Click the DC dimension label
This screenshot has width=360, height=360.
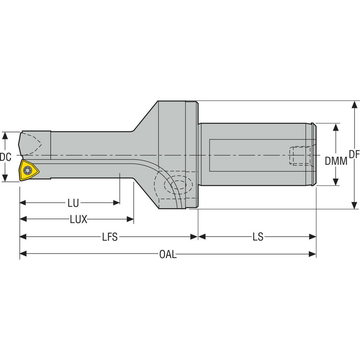[x=6, y=157]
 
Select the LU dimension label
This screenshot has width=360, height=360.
[x=73, y=203]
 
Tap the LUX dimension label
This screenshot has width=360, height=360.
[x=78, y=219]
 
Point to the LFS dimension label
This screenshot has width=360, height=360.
[x=110, y=237]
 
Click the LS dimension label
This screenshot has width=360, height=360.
[x=258, y=237]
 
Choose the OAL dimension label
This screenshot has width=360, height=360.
[x=168, y=255]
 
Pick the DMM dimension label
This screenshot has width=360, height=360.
[x=336, y=161]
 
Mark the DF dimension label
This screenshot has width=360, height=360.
[x=354, y=154]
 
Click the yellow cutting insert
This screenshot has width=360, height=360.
[x=29, y=170]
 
